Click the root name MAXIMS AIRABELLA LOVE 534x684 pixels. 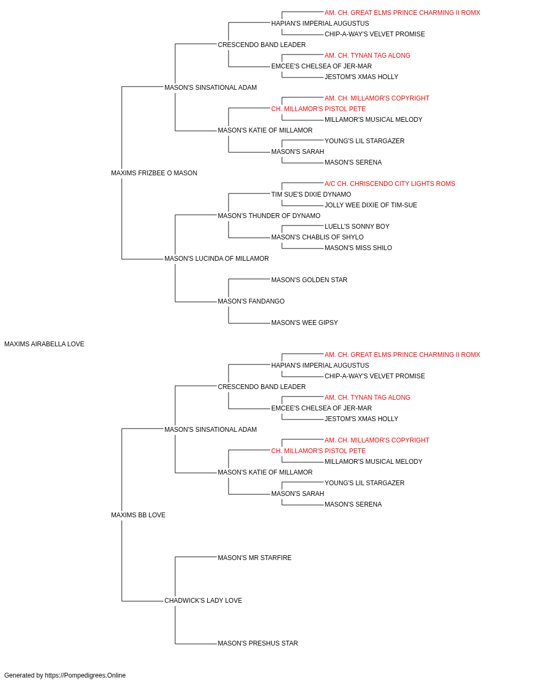tap(44, 344)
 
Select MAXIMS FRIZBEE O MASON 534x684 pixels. tap(154, 173)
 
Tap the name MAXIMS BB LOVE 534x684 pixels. tap(138, 515)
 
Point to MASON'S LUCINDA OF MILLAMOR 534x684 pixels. tap(217, 259)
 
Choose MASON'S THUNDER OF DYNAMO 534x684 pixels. tap(269, 215)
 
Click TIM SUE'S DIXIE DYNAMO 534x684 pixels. tap(311, 194)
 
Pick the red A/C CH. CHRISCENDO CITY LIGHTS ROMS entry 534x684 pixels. tap(390, 183)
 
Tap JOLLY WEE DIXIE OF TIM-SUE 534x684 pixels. tap(371, 205)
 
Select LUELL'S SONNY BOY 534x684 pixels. tap(357, 227)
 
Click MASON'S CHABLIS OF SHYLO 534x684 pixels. tap(317, 237)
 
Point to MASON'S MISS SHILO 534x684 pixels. tap(358, 248)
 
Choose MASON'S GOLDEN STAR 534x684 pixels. tap(310, 280)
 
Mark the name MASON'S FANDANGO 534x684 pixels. tap(252, 301)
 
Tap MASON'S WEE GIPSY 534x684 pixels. tap(305, 323)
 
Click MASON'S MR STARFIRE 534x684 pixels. tap(255, 558)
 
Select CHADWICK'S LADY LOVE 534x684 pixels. tap(203, 601)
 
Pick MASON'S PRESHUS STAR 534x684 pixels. tap(258, 643)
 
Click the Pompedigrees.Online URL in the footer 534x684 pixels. tap(85, 675)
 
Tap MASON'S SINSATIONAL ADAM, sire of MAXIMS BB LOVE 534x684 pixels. tap(211, 429)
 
